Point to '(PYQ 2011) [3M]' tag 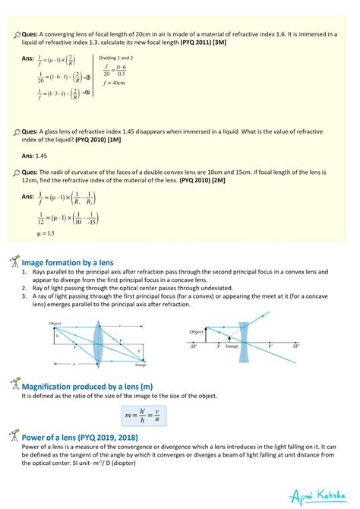coord(202,43)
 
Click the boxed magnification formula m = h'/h coord(144,415)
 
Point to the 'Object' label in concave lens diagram coord(197,332)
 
